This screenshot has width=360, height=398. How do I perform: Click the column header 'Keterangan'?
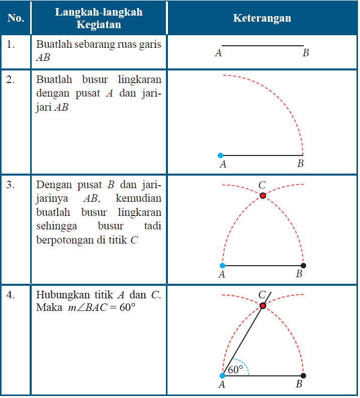coord(262,18)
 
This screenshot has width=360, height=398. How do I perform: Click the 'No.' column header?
coord(16,18)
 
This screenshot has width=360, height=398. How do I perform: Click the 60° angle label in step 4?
coord(235,370)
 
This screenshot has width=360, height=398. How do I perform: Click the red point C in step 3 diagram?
coord(263,195)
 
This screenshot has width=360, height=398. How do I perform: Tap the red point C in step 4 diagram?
coord(263,305)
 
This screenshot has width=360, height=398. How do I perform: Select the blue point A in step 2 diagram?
coord(221,155)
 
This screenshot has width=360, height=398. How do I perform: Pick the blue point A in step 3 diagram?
coord(222,265)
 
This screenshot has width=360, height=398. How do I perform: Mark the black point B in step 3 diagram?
coord(303,265)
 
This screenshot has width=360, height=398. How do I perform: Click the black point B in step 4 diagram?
coord(303,375)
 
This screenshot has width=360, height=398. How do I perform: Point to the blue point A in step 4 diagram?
coord(222,375)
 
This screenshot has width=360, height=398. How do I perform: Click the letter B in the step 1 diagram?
coord(305,53)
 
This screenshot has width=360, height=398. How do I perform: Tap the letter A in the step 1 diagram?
coord(218,53)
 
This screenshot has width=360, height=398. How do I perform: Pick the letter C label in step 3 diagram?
coord(261,185)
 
